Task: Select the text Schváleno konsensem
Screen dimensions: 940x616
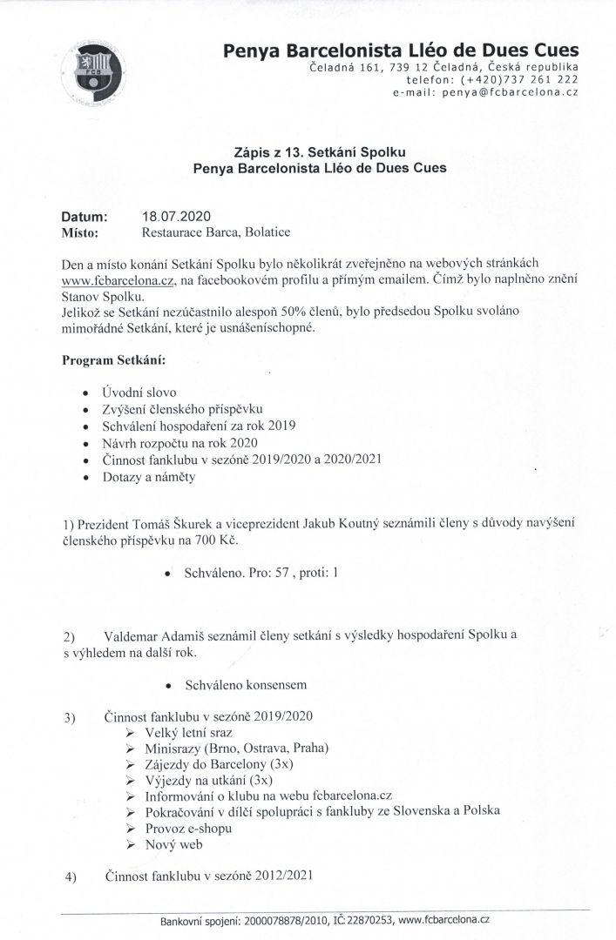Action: click(246, 684)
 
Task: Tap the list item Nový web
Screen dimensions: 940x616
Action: click(172, 843)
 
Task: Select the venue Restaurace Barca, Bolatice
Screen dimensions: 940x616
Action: click(216, 232)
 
